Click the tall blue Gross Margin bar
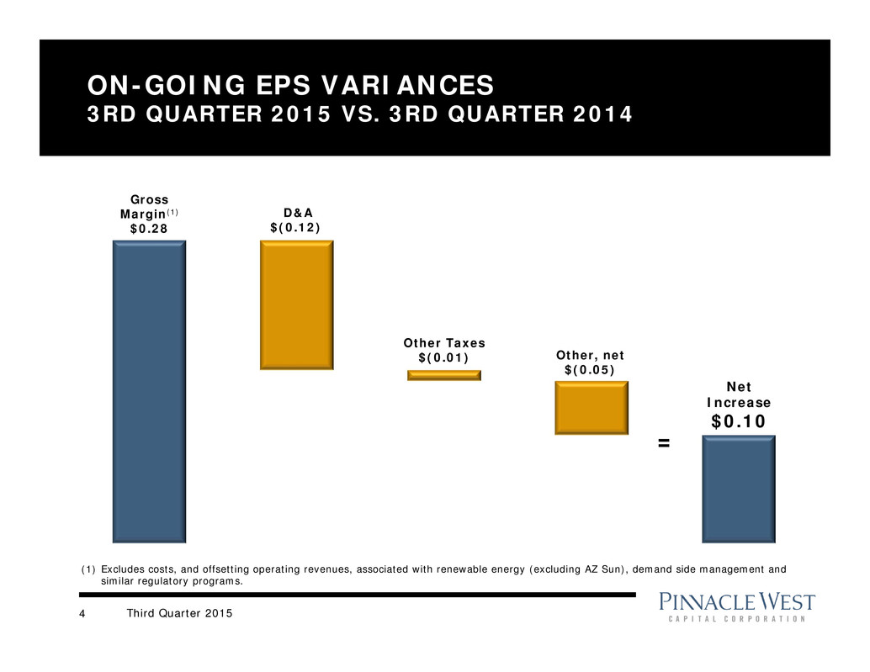coord(149,391)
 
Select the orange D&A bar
coord(297,304)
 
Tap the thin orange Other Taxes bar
coord(444,375)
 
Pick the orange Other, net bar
coord(591,407)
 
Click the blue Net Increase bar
coord(739,488)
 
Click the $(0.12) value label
coord(294,228)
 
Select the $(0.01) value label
coord(443,358)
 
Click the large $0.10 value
coord(739,421)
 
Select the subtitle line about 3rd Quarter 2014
coord(360,114)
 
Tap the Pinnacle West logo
coord(737,607)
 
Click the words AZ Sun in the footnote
coord(608,569)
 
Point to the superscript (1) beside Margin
coord(170,213)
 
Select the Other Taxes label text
coord(443,343)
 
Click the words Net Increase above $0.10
coord(738,396)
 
